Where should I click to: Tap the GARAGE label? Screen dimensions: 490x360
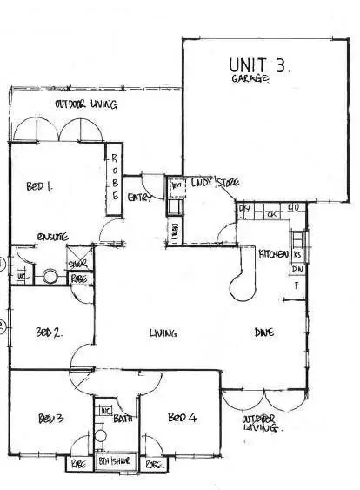pos(250,80)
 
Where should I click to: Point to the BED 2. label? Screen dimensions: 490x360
pos(48,332)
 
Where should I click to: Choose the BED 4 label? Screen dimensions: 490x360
pos(183,416)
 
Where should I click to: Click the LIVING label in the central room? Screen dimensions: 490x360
pos(163,332)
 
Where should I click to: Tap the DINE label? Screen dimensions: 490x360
pos(265,332)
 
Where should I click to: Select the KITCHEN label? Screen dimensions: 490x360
pos(275,253)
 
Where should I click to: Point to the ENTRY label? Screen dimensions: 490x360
pos(140,198)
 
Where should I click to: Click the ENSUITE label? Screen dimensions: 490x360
pos(51,237)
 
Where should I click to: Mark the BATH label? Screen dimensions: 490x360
pos(123,419)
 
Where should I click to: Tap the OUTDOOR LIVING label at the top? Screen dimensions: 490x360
pos(85,105)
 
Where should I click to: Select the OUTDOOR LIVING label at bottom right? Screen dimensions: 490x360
pos(258,425)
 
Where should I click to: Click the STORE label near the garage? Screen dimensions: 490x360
pos(229,183)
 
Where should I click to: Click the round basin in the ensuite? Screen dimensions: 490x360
pos(50,277)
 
